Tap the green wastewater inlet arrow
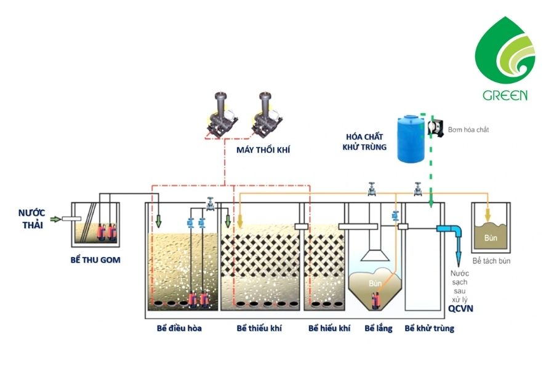[55, 219]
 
